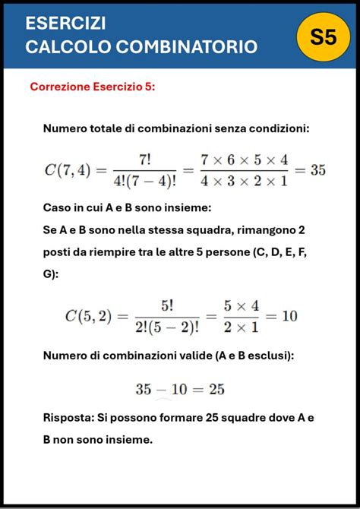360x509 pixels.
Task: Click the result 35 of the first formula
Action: tap(318, 169)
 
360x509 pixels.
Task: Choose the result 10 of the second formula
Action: tap(289, 315)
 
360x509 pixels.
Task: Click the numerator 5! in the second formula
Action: tap(167, 305)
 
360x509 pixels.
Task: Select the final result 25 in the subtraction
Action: tap(216, 389)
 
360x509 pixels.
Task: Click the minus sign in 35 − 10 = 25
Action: tap(162, 389)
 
